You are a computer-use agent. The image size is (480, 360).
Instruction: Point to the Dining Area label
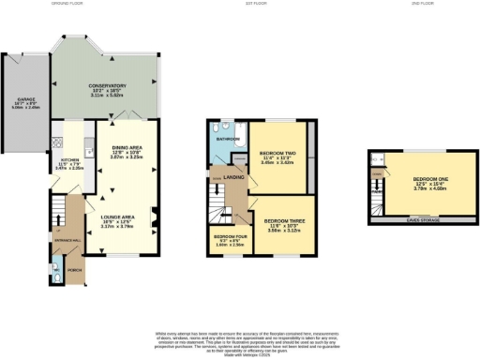click(x=127, y=147)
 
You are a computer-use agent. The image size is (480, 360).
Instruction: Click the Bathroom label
click(x=227, y=140)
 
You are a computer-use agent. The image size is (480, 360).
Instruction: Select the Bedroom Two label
click(x=277, y=152)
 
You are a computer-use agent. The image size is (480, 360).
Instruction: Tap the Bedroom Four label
click(x=229, y=237)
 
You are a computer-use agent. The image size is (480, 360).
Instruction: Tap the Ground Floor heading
click(x=95, y=5)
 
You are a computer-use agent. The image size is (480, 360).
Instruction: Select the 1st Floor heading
click(x=258, y=5)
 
